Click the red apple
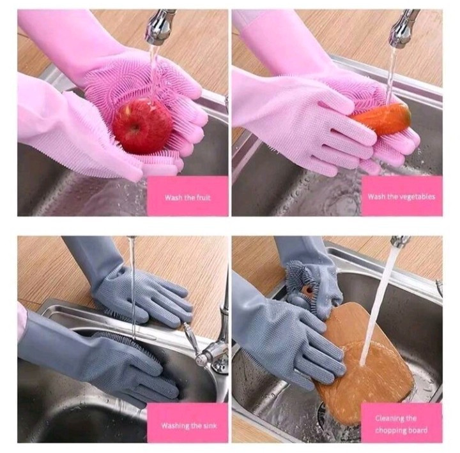pos(143,126)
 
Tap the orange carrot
pos(381,118)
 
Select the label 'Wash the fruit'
pos(187,198)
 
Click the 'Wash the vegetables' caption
pos(402,197)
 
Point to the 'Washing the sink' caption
pos(189,425)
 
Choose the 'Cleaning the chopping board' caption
pos(401,424)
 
